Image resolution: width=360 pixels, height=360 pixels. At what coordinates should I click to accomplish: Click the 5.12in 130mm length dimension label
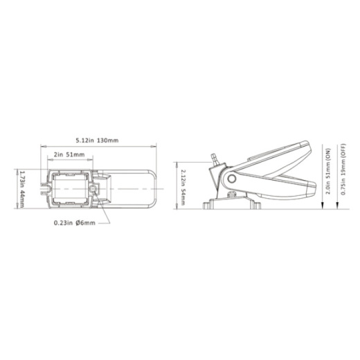coord(97,141)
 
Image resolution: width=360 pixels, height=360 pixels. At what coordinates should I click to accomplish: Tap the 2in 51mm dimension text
coord(69,154)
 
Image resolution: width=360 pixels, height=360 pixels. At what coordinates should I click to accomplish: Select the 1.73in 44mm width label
coord(21,189)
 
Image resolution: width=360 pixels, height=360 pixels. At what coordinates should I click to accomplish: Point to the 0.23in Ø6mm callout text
coord(75,223)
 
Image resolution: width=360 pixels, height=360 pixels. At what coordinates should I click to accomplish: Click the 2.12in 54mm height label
coord(183,188)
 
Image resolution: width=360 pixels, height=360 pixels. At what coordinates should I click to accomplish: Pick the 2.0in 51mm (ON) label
coord(328,171)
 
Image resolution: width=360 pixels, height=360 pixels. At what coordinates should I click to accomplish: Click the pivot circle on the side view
coord(231,179)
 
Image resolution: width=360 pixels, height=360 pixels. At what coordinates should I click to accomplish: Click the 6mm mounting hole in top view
coord(93,189)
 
